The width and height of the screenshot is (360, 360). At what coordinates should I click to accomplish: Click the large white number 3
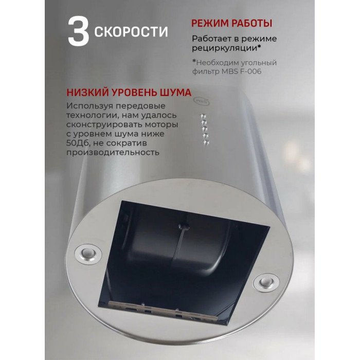tap(78, 31)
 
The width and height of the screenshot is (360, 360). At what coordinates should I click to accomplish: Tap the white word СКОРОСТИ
tap(131, 32)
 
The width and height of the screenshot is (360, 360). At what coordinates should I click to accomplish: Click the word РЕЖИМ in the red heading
tap(209, 24)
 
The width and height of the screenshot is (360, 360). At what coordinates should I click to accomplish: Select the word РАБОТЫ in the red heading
tap(251, 24)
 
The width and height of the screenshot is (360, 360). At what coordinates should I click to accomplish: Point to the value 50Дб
tap(78, 143)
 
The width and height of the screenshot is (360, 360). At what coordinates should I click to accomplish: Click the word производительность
tap(113, 152)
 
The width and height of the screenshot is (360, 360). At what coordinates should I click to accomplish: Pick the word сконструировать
tap(104, 124)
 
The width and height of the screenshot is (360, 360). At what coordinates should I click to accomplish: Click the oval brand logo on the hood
tap(202, 101)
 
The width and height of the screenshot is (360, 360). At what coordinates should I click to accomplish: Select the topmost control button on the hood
tap(203, 116)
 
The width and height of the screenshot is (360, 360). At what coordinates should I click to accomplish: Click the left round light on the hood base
tap(88, 254)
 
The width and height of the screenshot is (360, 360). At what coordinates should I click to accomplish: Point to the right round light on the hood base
tap(266, 282)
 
